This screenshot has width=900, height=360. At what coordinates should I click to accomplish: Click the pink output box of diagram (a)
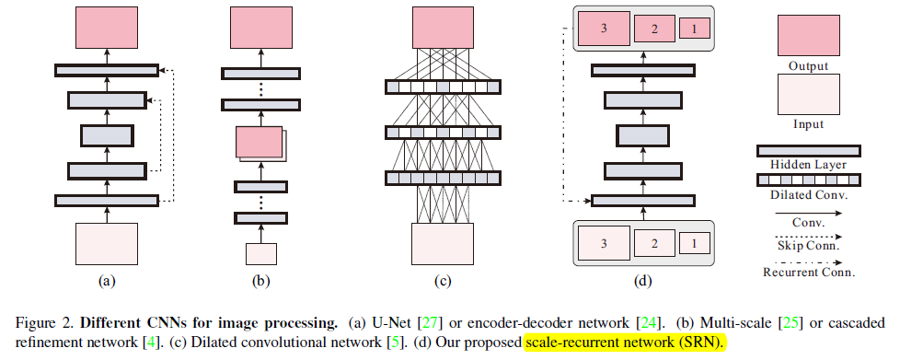pos(107,28)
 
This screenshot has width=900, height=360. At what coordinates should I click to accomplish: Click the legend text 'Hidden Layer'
pos(808,165)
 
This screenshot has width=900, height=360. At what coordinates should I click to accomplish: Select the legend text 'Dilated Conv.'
pos(808,195)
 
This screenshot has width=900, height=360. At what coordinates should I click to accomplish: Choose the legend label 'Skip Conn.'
pos(808,248)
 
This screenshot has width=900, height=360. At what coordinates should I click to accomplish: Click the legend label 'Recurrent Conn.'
pos(808,273)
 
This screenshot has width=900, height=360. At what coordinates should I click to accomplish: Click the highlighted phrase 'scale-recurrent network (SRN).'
pos(626,343)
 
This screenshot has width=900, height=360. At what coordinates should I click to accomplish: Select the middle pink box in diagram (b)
pos(258,143)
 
